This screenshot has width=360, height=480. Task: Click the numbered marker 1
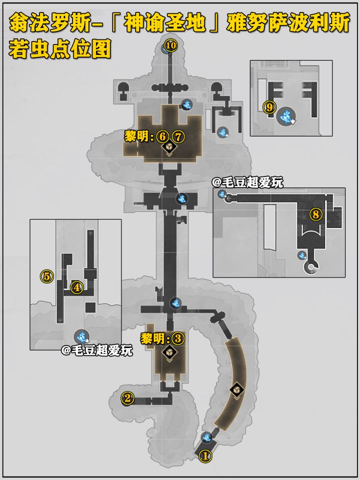pyautogui.click(x=205, y=456)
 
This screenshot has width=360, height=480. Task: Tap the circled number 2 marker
pyautogui.click(x=127, y=398)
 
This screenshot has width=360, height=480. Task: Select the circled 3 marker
pyautogui.click(x=178, y=339)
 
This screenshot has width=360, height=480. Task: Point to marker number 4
pyautogui.click(x=77, y=287)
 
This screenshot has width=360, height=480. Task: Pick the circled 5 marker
pyautogui.click(x=47, y=276)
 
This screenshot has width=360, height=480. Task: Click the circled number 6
pyautogui.click(x=162, y=136)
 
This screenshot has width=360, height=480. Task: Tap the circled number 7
pyautogui.click(x=178, y=136)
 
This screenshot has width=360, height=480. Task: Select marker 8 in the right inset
pyautogui.click(x=316, y=214)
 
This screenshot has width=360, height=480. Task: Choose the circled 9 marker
pyautogui.click(x=269, y=107)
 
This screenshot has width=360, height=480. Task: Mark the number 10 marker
pyautogui.click(x=171, y=46)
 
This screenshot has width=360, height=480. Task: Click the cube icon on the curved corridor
pyautogui.click(x=237, y=390)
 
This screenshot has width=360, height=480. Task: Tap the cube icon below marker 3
pyautogui.click(x=169, y=352)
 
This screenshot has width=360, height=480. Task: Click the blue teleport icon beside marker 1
pyautogui.click(x=207, y=437)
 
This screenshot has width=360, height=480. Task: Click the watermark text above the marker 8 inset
pyautogui.click(x=247, y=183)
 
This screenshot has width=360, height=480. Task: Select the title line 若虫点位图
pyautogui.click(x=60, y=49)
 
